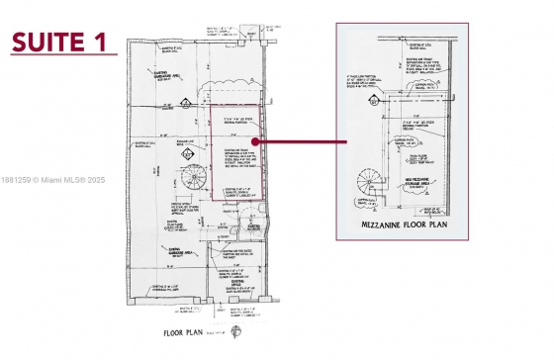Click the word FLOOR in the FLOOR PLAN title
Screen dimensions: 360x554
(174, 334)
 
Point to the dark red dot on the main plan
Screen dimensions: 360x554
(255, 141)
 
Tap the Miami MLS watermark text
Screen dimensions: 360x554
(54, 180)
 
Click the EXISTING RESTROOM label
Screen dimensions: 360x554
(253, 226)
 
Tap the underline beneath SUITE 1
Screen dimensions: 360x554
(61, 55)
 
